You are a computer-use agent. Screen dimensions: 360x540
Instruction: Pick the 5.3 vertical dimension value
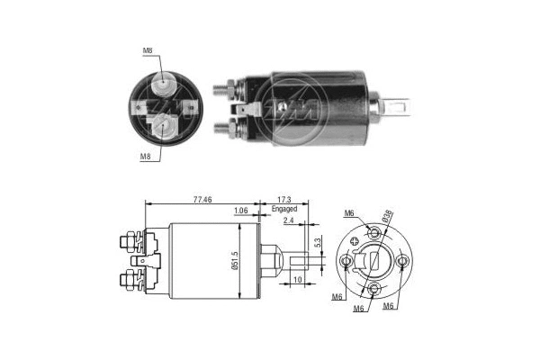317,242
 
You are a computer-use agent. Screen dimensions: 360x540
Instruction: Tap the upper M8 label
146,51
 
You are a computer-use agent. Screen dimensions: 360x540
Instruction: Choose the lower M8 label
145,156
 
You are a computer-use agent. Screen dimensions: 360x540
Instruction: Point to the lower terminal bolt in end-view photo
162,125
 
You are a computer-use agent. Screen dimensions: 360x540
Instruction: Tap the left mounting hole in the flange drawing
347,262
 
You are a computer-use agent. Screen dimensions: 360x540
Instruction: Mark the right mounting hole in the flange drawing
402,262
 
